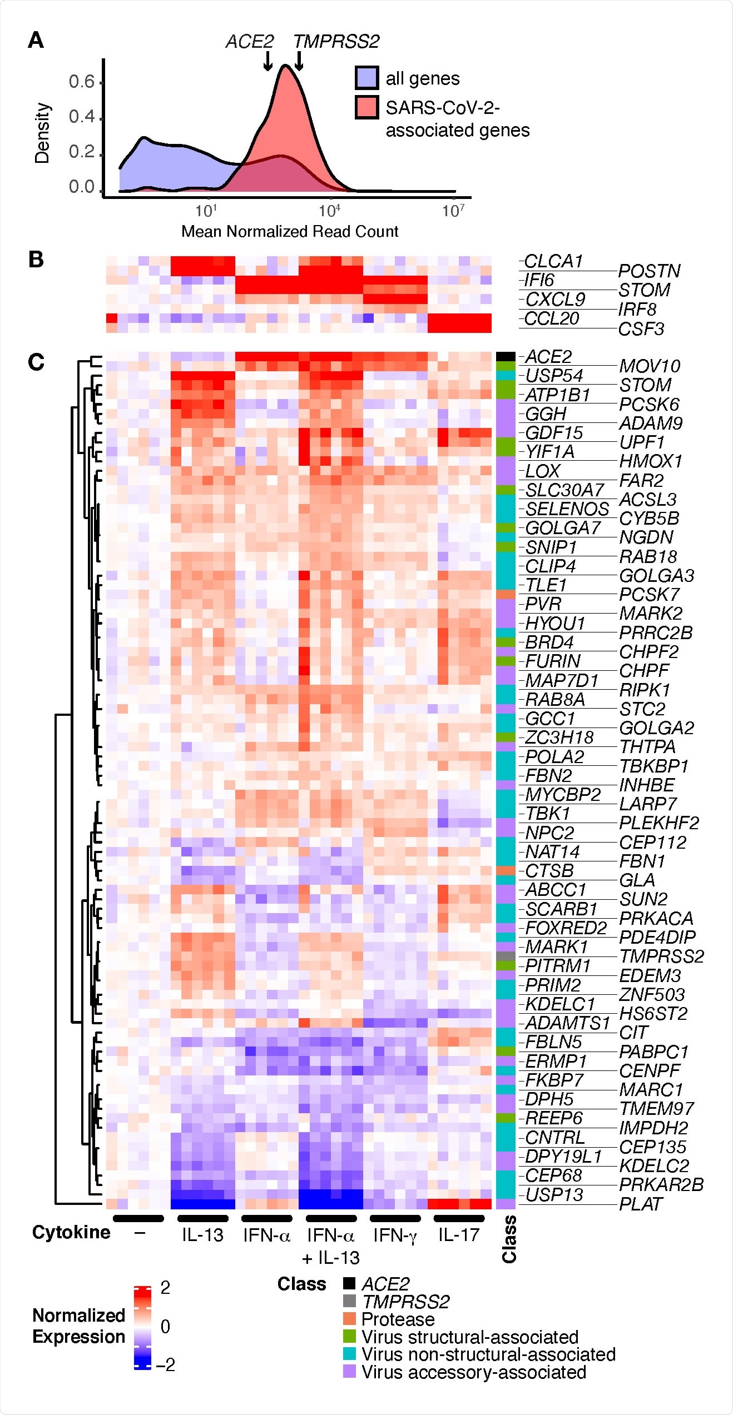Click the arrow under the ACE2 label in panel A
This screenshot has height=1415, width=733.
click(268, 61)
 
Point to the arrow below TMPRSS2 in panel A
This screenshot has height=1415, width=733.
click(299, 61)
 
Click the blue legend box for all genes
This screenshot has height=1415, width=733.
click(367, 78)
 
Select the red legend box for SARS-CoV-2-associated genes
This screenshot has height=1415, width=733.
click(367, 107)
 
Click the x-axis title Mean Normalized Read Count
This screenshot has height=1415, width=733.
click(290, 231)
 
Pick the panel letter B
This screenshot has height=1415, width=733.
click(36, 260)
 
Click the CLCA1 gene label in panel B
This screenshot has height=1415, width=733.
click(553, 261)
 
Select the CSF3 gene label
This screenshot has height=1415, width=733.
click(641, 329)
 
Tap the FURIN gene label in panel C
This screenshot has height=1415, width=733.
click(552, 661)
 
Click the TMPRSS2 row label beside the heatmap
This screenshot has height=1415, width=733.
click(661, 956)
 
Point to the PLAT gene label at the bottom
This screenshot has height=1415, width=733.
click(641, 1204)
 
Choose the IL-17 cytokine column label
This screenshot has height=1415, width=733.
click(458, 1235)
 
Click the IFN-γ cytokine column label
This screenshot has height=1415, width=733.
click(395, 1235)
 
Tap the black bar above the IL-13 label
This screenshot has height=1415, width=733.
click(202, 1218)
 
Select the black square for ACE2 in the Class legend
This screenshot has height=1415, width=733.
click(349, 1284)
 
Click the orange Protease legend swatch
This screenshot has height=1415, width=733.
click(349, 1319)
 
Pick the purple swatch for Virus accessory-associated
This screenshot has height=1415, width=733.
click(349, 1372)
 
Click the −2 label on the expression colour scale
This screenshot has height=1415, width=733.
click(166, 1364)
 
